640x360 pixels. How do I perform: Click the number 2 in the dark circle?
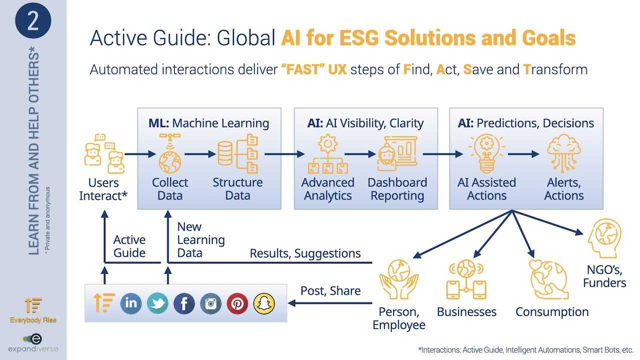pos(33,21)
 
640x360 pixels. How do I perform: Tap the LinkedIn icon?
pos(131,303)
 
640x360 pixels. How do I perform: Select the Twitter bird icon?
pos(157,303)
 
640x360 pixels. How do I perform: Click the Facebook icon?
pos(184,303)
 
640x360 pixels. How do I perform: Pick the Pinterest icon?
pos(237,303)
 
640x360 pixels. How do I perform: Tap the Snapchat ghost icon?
pos(264,303)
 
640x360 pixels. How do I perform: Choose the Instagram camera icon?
pos(210,303)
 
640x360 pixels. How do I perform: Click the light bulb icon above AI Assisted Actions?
pos(487,153)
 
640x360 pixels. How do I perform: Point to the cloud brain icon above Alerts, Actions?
pos(563,153)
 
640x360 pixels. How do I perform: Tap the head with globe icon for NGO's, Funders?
pos(604,238)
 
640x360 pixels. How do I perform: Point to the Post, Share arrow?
pos(330,303)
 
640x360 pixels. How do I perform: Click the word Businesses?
pos(466,311)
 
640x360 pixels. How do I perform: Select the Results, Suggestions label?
pos(305,253)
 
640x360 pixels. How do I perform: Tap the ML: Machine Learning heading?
pos(209,123)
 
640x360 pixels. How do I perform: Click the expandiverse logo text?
pos(33,349)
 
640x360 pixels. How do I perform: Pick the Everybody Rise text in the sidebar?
pos(33,320)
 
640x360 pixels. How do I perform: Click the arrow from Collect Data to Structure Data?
pos(200,154)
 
